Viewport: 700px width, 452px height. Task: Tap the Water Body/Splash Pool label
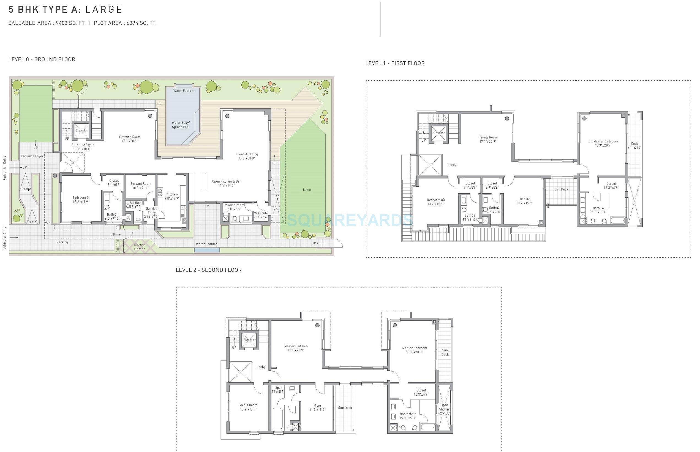tap(181, 125)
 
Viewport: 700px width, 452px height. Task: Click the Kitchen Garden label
tap(140, 247)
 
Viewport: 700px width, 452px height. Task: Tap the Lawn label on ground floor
tap(307, 190)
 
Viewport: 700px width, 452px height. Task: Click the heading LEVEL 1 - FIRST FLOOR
tap(395, 64)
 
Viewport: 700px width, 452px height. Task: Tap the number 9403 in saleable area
tap(62, 23)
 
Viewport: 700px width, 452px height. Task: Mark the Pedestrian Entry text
tap(5, 168)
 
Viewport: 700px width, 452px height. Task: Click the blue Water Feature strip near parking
tap(207, 250)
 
